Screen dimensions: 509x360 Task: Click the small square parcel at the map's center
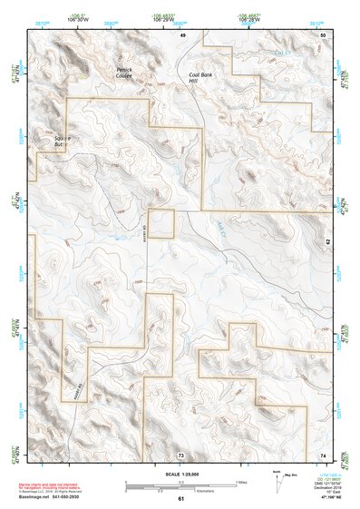pos(161,223)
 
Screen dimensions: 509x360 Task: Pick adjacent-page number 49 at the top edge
pos(182,34)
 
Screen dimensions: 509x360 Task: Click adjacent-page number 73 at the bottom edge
pos(181,454)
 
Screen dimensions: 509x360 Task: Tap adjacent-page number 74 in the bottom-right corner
pos(324,454)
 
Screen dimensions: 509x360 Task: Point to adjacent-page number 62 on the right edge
pos(327,242)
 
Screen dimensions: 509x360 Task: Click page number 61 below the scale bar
pos(181,498)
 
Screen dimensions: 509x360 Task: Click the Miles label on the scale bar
pos(241,481)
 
